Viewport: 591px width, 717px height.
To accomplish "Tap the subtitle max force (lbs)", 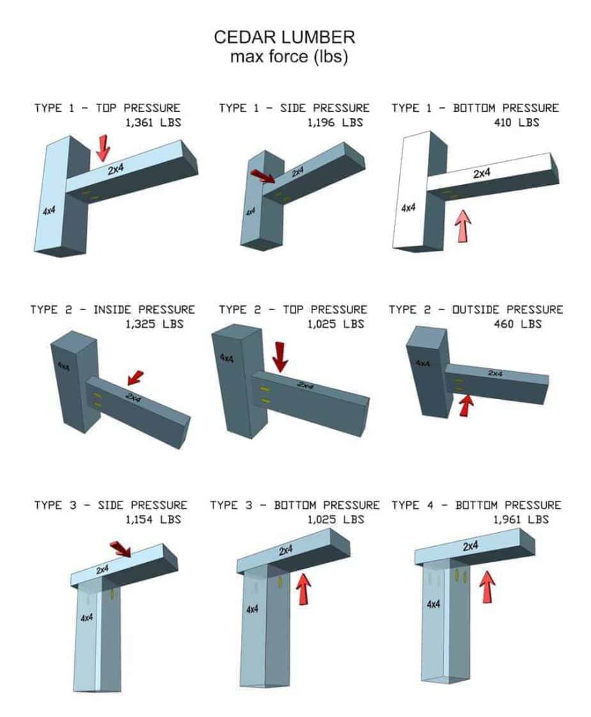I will click(288, 57).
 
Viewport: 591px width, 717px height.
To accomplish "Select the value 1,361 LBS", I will click(151, 123).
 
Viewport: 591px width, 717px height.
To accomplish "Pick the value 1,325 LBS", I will click(153, 324).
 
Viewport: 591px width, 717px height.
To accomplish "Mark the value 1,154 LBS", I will click(153, 520).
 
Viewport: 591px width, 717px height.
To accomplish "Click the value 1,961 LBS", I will click(520, 520).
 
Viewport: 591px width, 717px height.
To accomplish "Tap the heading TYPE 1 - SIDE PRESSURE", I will click(294, 108).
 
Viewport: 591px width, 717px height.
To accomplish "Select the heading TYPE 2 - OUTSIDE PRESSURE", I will click(475, 309).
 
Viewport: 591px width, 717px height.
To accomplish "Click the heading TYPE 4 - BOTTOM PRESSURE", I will click(476, 505).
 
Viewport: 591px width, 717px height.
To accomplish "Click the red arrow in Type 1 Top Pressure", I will click(104, 147).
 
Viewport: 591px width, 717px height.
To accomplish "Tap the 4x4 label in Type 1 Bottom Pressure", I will click(408, 208).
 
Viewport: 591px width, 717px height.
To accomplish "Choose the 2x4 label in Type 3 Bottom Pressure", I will click(286, 550).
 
